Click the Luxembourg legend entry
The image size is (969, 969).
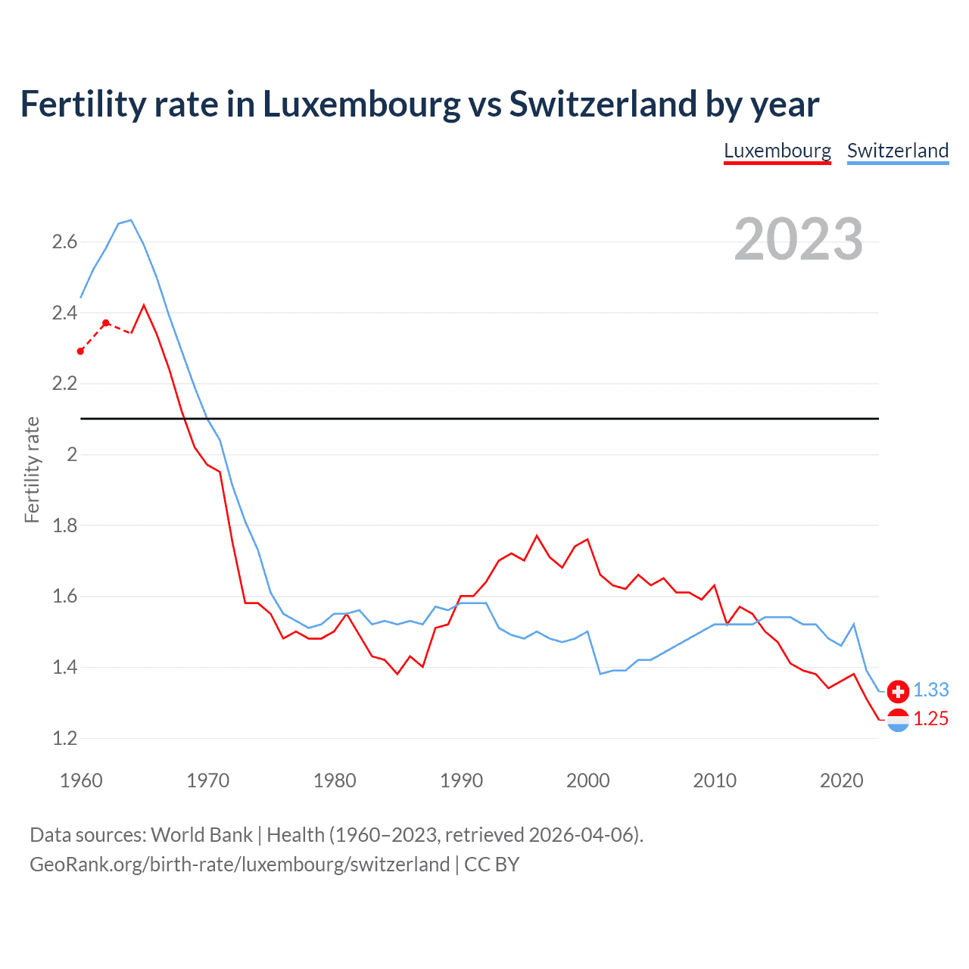(777, 151)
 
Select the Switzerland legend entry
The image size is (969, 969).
(897, 151)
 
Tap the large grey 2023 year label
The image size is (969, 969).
(798, 239)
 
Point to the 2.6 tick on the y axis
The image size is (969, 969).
(64, 242)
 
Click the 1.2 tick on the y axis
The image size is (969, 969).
(64, 738)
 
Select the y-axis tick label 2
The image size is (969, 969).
(72, 455)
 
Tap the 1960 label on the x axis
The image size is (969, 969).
(81, 780)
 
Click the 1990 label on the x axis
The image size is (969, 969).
(461, 780)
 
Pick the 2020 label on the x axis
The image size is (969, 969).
(841, 780)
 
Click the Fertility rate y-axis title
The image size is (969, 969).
(32, 469)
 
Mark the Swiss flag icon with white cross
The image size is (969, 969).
(898, 690)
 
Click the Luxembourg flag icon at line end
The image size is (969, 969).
(898, 720)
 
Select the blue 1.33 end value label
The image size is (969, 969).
(930, 690)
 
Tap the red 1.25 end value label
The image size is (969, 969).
(930, 719)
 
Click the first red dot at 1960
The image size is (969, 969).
(81, 351)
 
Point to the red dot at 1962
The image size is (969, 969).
(106, 323)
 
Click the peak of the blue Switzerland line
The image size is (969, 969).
(131, 220)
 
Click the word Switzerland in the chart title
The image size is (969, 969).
(603, 104)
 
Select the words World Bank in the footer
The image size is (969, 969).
(201, 835)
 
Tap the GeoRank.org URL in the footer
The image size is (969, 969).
(239, 865)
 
